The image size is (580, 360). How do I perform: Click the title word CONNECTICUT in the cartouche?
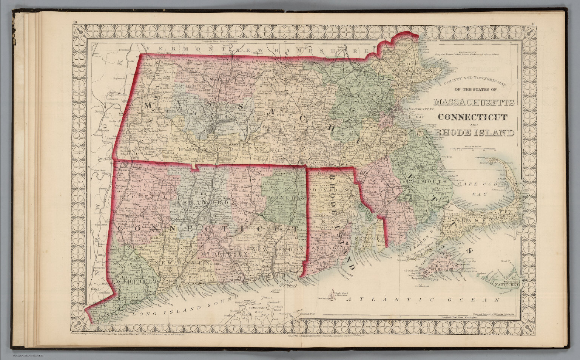click(x=474, y=117)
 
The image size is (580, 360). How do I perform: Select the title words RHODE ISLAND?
click(x=474, y=133)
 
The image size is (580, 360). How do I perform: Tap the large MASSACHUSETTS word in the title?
click(x=474, y=102)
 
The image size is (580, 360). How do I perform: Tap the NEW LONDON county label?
click(x=278, y=250)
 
